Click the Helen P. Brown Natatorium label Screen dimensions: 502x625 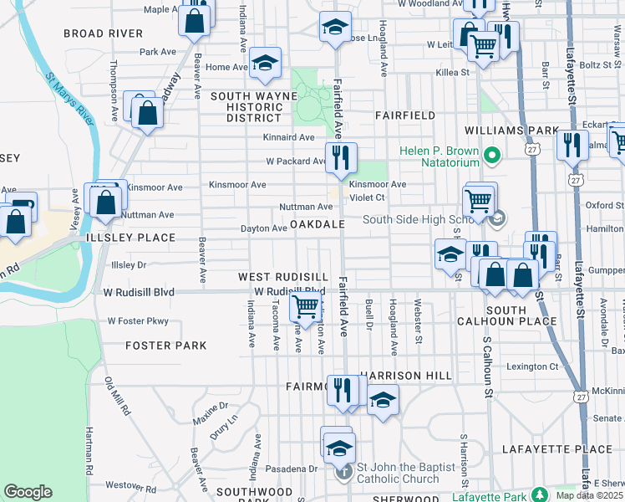tap(438, 156)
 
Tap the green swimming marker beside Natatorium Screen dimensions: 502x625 tap(492, 155)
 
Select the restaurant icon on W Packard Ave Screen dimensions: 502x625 tap(341, 156)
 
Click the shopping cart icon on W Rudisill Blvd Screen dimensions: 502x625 tap(304, 307)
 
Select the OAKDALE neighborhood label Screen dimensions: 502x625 tap(318, 225)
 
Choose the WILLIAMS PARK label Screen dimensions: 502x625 tap(511, 131)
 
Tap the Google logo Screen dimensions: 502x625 tap(28, 492)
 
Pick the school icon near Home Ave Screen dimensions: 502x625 tap(265, 64)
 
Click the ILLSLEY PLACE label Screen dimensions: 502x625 tap(135, 238)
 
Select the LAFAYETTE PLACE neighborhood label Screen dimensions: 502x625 tap(557, 449)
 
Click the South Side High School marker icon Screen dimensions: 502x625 tap(499, 219)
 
